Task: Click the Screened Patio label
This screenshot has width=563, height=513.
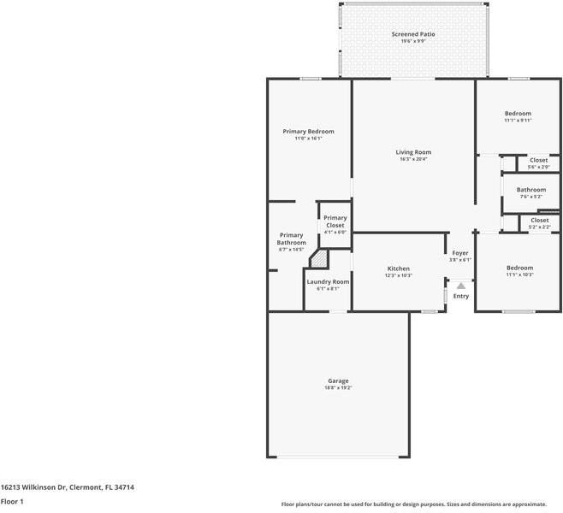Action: [x=413, y=34]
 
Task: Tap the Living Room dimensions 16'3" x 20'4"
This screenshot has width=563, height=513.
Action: [x=413, y=159]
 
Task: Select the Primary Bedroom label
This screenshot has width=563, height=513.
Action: [x=308, y=131]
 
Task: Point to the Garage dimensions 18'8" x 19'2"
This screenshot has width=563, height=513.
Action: [x=338, y=387]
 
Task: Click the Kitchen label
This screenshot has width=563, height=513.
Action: [x=399, y=268]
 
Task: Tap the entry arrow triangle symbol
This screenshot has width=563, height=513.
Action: [x=460, y=286]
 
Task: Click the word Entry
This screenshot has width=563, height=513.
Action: [x=461, y=296]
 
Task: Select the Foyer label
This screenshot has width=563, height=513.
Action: [x=460, y=252]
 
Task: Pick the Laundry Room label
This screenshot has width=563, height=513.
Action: [x=328, y=281]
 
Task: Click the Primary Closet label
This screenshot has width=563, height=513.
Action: [x=335, y=221]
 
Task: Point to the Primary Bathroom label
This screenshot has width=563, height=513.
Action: [x=291, y=239]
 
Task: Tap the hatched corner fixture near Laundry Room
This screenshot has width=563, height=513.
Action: [x=318, y=259]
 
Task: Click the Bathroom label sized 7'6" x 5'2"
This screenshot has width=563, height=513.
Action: [x=530, y=190]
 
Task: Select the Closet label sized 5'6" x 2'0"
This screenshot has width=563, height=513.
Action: [x=538, y=160]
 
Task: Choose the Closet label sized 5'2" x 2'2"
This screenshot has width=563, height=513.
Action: [x=539, y=220]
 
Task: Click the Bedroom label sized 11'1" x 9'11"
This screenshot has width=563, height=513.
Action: [x=518, y=114]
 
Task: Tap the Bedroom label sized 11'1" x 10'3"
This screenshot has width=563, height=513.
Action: [x=519, y=268]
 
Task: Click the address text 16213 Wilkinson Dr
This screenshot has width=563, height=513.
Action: [x=67, y=486]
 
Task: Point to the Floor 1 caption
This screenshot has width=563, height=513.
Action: [x=12, y=501]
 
